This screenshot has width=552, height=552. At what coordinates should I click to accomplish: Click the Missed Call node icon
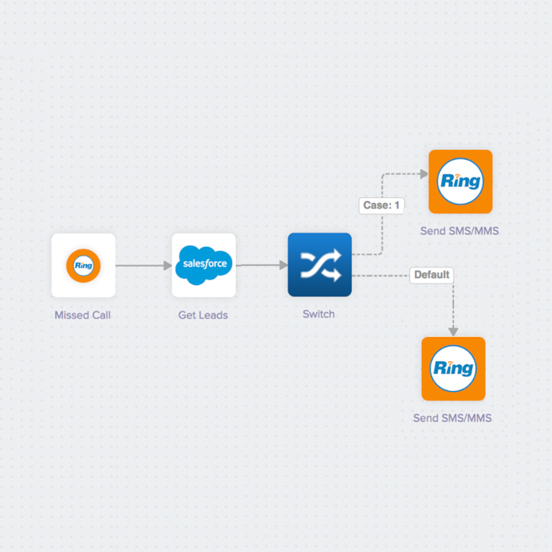pos(83,265)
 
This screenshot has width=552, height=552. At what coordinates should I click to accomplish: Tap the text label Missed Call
pos(83,315)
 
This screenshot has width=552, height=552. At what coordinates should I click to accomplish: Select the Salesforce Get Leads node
pos(203,265)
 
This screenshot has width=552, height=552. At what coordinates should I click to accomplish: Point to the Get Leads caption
pos(203,315)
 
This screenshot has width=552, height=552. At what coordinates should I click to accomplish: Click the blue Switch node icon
pos(319,265)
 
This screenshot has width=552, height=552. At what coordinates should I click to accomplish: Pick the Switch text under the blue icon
pos(319,314)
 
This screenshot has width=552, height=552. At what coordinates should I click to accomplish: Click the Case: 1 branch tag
pos(382,205)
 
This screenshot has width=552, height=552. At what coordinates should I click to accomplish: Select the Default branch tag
pos(431,275)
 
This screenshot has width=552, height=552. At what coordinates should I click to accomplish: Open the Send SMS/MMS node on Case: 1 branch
pos(461,181)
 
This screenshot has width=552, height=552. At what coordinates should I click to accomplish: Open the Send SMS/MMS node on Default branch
pos(453,368)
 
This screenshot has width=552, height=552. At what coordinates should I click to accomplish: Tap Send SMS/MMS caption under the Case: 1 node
pos(460,231)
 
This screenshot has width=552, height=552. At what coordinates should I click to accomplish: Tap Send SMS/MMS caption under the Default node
pos(453,418)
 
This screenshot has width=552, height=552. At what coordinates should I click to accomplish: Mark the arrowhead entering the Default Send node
pos(453,331)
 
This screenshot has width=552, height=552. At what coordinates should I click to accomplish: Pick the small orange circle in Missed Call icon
pos(83,265)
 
